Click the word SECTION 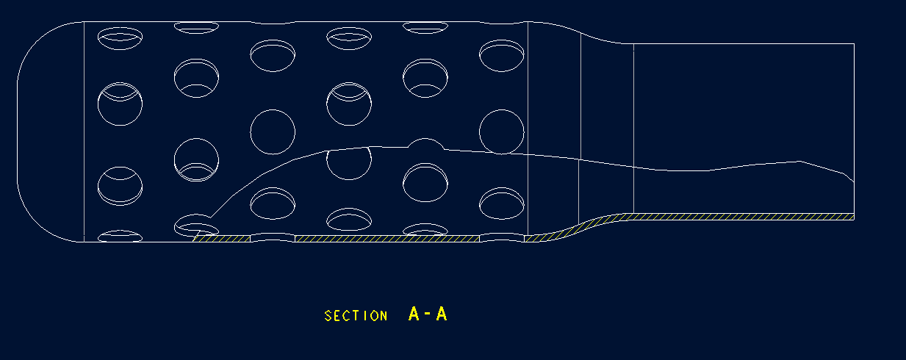click(x=356, y=316)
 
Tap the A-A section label click(x=428, y=314)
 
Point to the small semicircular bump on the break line click(x=425, y=143)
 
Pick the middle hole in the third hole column click(x=273, y=132)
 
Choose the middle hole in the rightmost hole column click(x=501, y=132)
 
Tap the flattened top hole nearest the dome click(x=120, y=34)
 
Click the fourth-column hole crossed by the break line click(x=348, y=162)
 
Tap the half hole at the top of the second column click(x=196, y=27)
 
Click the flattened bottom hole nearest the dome click(x=120, y=236)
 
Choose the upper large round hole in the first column click(x=120, y=104)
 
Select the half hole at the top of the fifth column click(x=425, y=27)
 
